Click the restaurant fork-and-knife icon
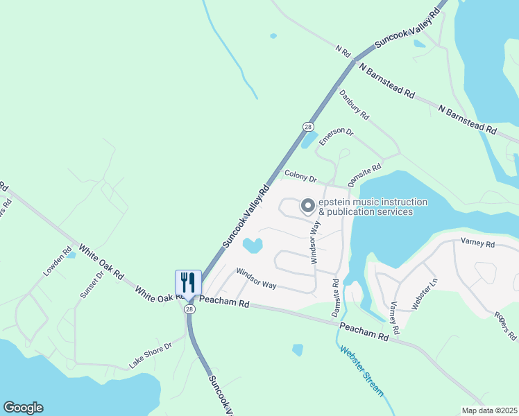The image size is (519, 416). click(187, 282)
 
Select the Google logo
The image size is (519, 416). click(23, 408)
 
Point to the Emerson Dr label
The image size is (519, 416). click(336, 137)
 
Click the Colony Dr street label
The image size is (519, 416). click(300, 177)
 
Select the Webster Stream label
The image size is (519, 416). click(361, 370)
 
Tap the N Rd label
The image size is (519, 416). click(343, 51)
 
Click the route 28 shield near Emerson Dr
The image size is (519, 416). click(308, 126)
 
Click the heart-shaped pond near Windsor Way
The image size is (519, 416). click(251, 245)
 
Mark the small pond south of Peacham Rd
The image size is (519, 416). click(297, 349)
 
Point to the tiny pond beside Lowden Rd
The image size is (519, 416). click(71, 254)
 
